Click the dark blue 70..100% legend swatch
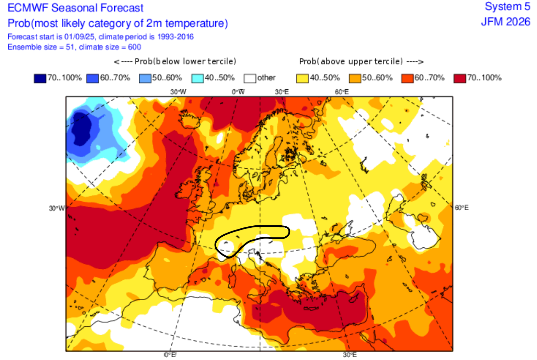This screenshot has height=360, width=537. point(40,78)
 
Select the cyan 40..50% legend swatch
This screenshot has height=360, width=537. point(197,78)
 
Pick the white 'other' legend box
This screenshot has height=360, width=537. point(250,78)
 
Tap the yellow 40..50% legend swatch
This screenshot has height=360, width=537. point(302,78)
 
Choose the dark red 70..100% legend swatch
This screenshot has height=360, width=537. point(460,78)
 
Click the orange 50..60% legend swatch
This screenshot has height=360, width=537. point(355,78)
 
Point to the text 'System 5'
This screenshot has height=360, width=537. point(507,7)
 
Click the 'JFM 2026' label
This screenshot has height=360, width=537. point(506,22)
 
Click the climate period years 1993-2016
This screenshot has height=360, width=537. point(175,37)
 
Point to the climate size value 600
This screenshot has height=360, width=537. point(135,47)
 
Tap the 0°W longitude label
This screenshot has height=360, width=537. point(238,92)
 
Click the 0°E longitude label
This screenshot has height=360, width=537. point(170,355)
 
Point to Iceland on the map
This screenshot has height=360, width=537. point(190,119)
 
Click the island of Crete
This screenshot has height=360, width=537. point(311,308)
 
